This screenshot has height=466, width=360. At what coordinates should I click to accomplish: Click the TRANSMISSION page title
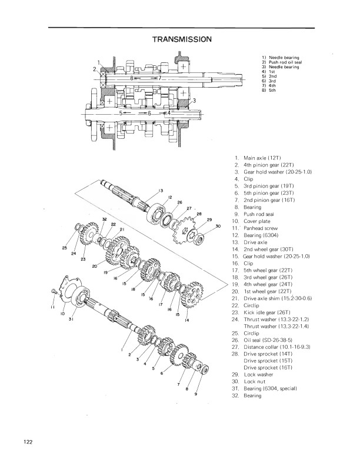tap(182, 39)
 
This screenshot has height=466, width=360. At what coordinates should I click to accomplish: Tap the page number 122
tap(28, 442)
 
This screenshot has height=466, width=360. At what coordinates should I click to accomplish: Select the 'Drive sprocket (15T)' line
tap(268, 361)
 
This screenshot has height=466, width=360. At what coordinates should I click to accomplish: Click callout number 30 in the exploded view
tap(218, 226)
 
